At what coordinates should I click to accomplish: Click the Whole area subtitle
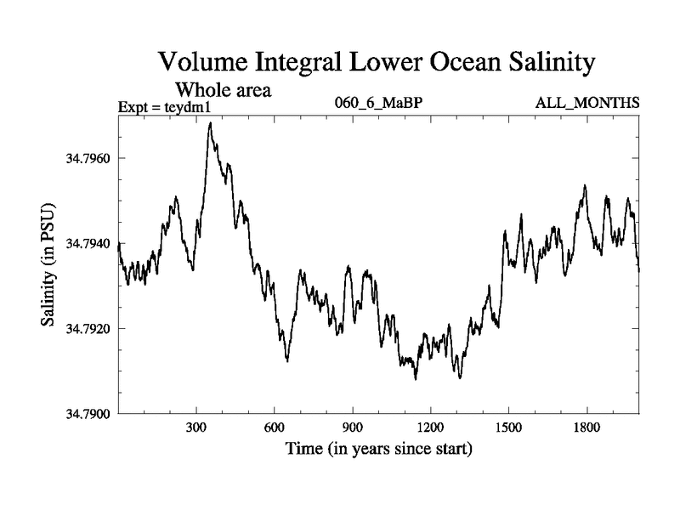[223, 88]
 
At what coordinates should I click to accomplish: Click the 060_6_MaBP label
[379, 104]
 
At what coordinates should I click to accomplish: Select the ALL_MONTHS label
[586, 104]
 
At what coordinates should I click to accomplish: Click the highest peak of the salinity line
[209, 123]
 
